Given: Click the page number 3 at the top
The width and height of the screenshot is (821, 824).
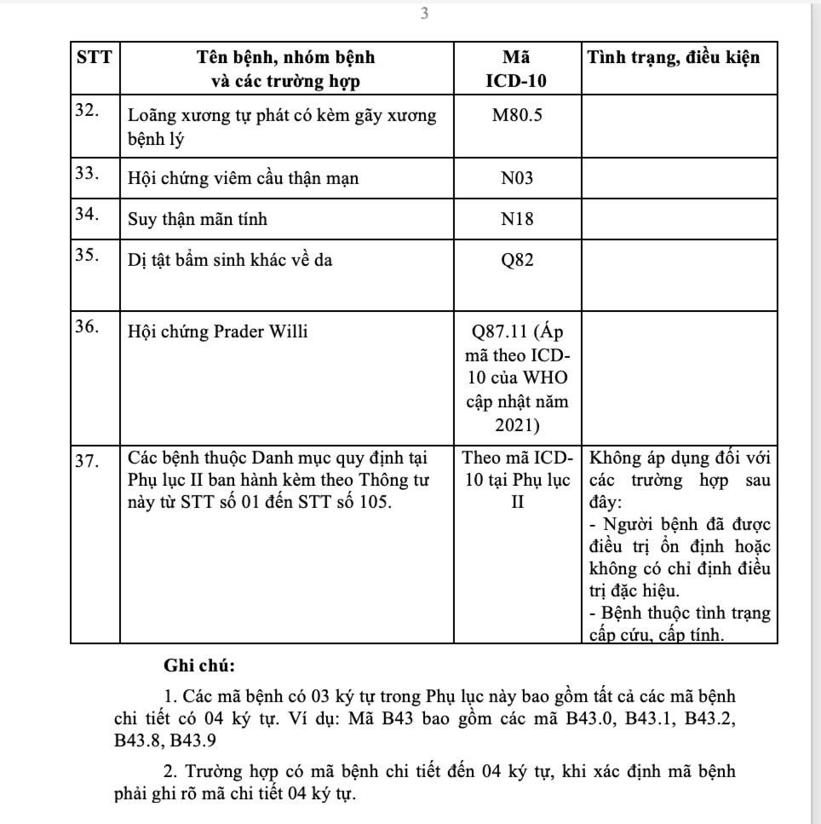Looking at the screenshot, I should coord(424,14).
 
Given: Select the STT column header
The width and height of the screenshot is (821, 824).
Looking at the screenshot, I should coord(94,58).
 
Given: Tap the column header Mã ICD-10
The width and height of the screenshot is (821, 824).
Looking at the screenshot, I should coord(517,70).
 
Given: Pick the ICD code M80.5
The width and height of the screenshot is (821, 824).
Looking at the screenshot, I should coord(517,116).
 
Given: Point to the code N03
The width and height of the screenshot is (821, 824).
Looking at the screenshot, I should coord(517,178).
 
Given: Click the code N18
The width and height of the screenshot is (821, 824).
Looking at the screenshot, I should coord(517,219).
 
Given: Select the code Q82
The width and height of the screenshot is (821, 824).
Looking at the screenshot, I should coord(517,260).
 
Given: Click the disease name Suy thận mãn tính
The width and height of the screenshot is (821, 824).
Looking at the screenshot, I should coord(198,219).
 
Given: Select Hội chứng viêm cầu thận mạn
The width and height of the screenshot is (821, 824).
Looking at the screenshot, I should coord(244,178).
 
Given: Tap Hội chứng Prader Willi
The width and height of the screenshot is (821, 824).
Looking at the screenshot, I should coord(218,331).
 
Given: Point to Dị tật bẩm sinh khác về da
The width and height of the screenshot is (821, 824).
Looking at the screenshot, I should coord(230,260).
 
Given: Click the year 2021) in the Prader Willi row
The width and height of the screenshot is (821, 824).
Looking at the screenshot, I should coord(517,424).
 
